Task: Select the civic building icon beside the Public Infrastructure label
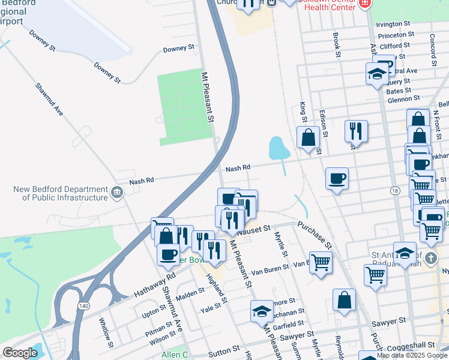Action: (116, 193)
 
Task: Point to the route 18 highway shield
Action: (394, 190)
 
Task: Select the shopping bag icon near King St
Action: (309, 137)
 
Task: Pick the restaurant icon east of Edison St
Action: (356, 131)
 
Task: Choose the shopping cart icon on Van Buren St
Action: (321, 262)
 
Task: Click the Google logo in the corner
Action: (20, 353)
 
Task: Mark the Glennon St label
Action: (403, 99)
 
